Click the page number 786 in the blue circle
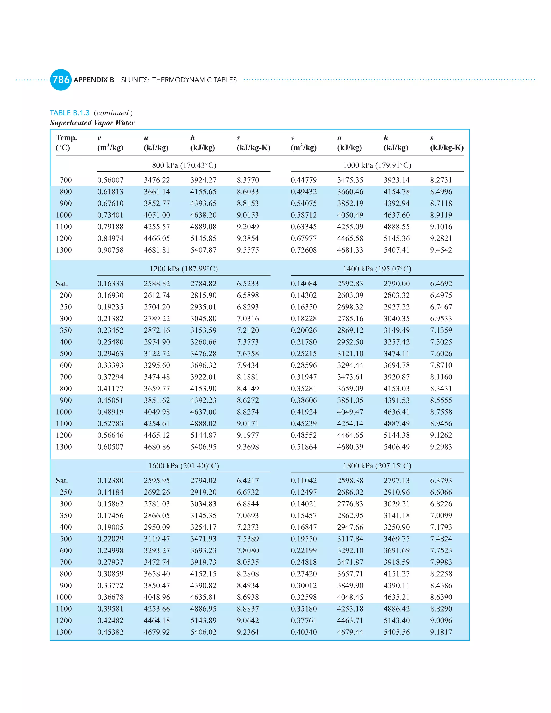pos(61,80)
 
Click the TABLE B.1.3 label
pos(69,113)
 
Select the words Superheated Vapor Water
pos(92,123)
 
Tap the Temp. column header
pos(66,138)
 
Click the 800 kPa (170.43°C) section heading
pos(184,165)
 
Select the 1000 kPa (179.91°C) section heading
pos(377,165)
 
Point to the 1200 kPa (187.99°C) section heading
pos(184,269)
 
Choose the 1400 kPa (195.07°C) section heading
pos(377,269)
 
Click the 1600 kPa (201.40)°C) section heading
pos(184,465)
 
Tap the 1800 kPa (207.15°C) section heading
pos(377,465)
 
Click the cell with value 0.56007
pos(110,180)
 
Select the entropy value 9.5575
pos(248,250)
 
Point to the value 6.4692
pos(441,284)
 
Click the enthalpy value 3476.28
pos(203,354)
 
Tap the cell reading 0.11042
pos(303,481)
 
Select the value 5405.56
pos(397,632)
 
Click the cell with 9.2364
pos(248,632)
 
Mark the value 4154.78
pos(397,192)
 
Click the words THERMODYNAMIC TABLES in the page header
pos(195,80)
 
